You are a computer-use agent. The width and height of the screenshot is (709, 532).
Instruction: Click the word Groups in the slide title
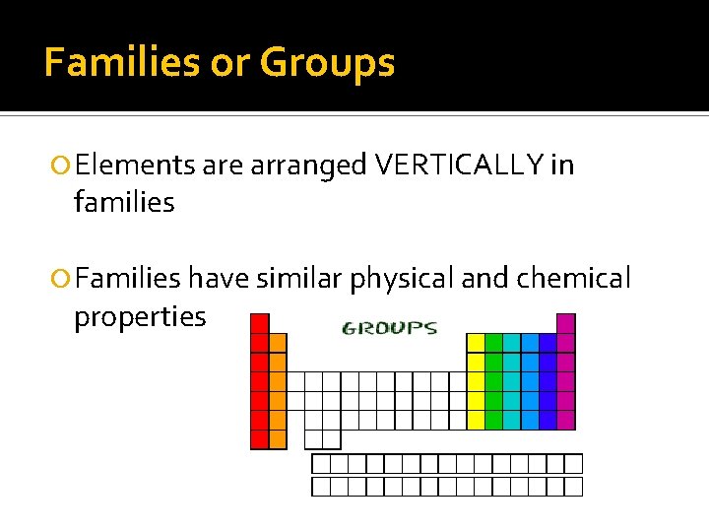[x=327, y=63]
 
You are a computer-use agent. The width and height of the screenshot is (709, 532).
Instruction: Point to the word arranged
[x=309, y=166]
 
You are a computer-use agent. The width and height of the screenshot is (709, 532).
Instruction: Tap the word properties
[x=140, y=317]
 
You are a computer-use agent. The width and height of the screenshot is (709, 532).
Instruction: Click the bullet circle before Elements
[x=62, y=166]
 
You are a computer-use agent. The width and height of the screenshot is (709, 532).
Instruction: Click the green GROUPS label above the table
[x=389, y=328]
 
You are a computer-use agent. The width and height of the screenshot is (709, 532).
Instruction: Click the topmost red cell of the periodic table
[x=260, y=323]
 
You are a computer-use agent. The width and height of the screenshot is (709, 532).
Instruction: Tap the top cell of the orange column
[x=278, y=343]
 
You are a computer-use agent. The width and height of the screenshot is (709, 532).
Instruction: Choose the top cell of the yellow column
[x=476, y=343]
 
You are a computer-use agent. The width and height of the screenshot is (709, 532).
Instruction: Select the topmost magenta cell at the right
[x=565, y=323]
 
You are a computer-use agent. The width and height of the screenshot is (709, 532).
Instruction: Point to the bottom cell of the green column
[x=493, y=420]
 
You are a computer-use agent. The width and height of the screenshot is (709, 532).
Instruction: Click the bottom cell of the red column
[x=260, y=439]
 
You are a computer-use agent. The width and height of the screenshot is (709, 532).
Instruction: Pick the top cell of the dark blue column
[x=548, y=343]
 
